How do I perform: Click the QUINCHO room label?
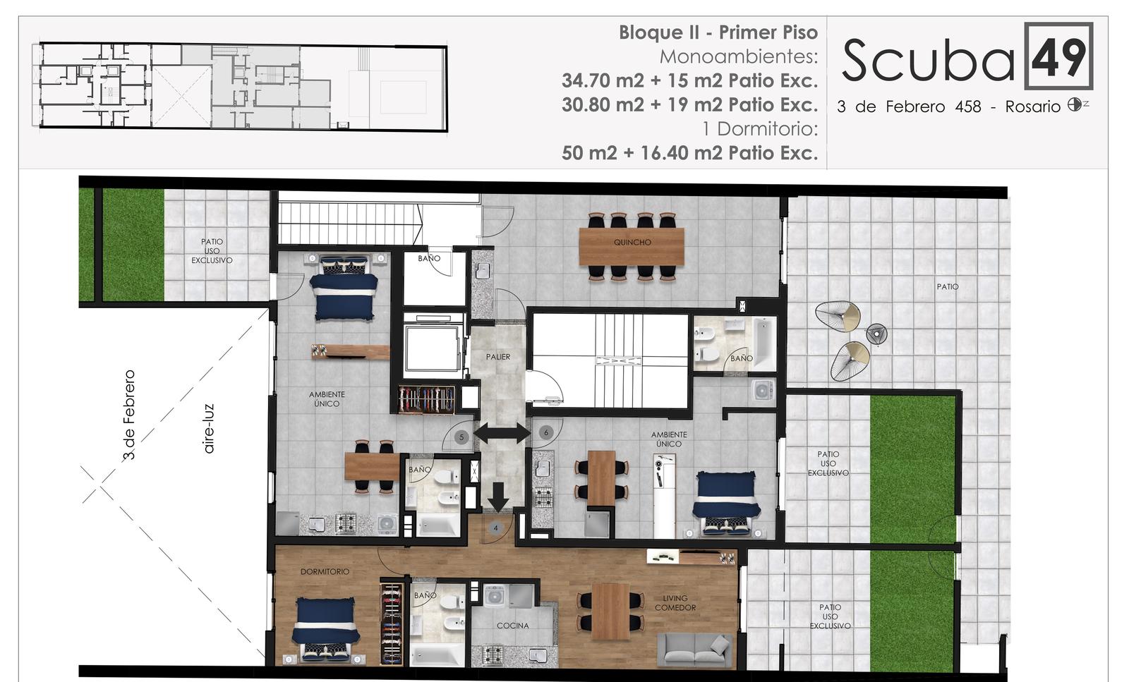tap(632, 243)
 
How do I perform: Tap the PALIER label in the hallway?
tap(498, 357)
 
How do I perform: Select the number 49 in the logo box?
tap(1058, 56)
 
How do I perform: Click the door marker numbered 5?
tap(461, 437)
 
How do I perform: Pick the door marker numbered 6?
tap(545, 432)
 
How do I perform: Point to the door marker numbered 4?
tap(496, 528)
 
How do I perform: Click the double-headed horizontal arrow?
tap(502, 433)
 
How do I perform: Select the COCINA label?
tap(512, 626)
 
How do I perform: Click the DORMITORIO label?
tap(325, 572)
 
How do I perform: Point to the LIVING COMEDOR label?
tap(675, 603)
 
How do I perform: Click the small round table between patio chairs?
tap(876, 334)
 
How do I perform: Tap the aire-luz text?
tap(209, 429)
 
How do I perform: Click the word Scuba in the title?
tap(928, 61)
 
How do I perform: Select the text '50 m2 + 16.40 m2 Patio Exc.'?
tap(689, 152)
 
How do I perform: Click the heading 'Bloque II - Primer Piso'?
tap(718, 32)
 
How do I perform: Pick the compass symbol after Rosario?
tap(1074, 105)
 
